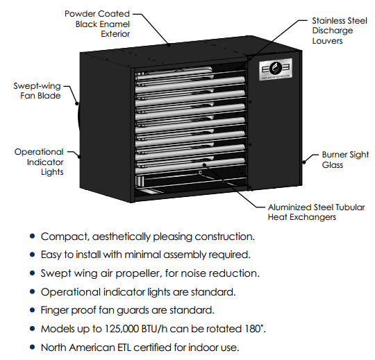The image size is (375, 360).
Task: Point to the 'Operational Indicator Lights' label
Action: tap(39, 162)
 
